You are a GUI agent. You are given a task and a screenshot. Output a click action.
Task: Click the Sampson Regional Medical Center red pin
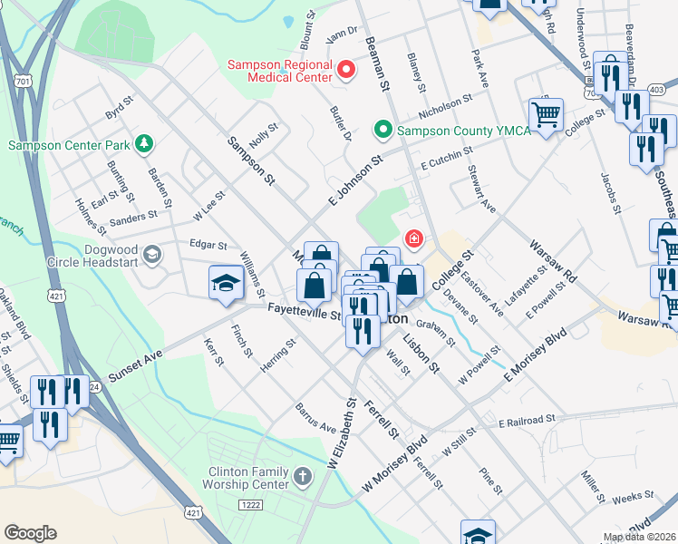(345, 69)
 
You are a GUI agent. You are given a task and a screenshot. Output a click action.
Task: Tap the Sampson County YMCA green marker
(383, 130)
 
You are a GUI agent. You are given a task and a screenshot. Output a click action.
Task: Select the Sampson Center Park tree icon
(142, 144)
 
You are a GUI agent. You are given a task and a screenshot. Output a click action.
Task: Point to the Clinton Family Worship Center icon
(305, 474)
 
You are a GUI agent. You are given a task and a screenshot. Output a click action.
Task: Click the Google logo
(30, 533)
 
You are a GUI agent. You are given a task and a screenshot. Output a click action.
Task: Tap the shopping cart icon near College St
(546, 114)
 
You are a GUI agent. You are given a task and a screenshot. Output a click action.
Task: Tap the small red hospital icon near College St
(414, 239)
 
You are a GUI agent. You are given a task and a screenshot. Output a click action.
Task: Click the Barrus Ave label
(315, 418)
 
